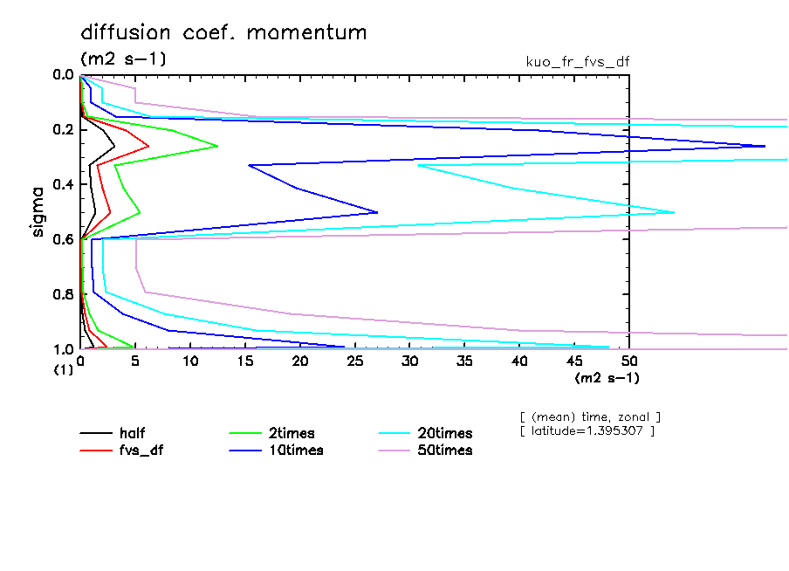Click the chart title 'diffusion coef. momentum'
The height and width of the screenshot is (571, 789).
[223, 33]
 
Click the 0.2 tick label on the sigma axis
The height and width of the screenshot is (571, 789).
[63, 130]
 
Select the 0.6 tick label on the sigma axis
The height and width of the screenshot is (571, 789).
[63, 239]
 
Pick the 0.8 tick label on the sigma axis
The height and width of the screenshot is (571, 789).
[63, 294]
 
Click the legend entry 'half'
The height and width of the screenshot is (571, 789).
[133, 433]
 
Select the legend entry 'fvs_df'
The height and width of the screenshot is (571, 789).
[141, 451]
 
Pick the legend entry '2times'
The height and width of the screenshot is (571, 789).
[291, 433]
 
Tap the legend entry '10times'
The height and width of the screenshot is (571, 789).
[294, 451]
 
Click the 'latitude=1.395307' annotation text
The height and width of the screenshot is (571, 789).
[587, 431]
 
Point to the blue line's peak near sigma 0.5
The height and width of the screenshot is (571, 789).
[377, 212]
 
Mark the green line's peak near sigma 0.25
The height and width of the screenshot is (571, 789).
[217, 147]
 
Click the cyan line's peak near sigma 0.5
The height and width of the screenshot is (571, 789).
[674, 212]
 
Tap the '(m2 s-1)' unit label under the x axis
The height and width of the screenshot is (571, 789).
[607, 378]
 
